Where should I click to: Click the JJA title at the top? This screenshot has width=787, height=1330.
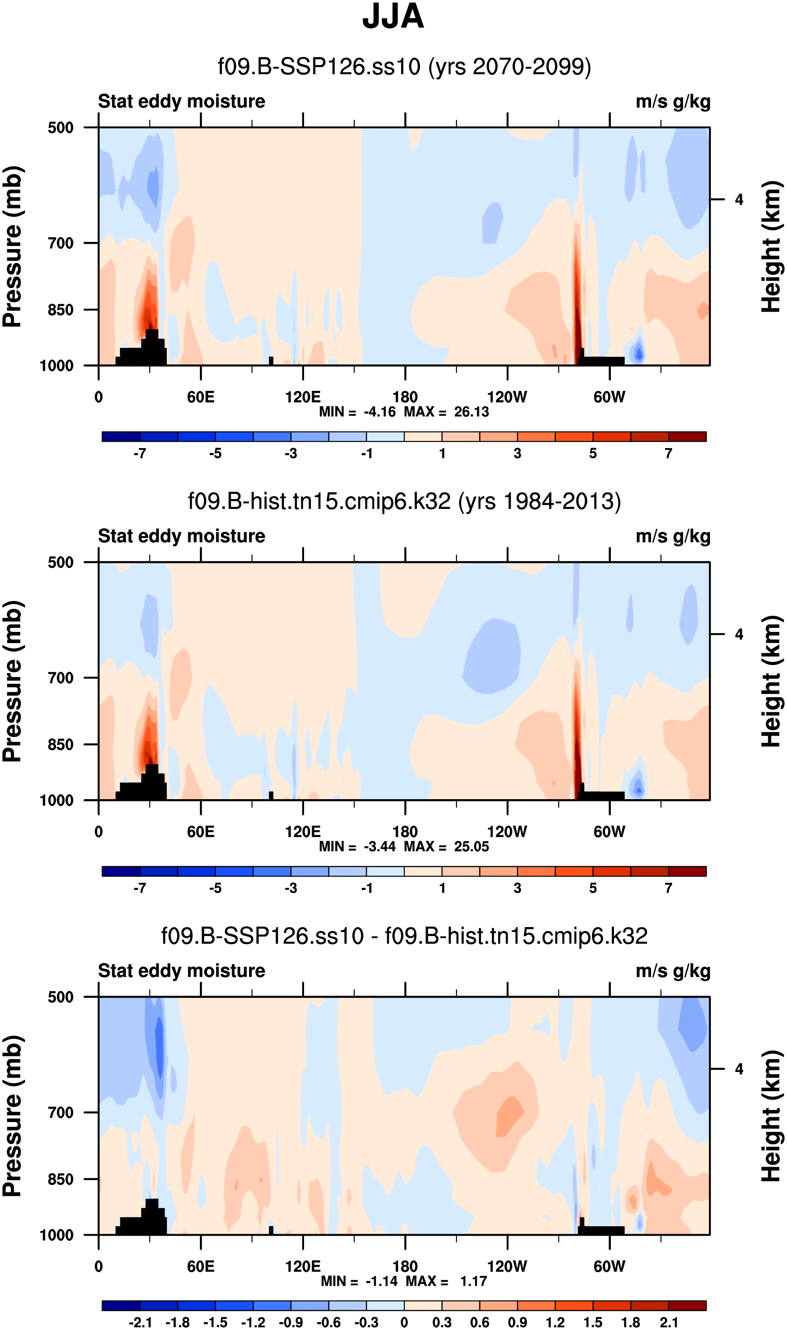[393, 17]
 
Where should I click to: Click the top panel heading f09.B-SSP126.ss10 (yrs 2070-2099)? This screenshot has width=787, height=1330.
[404, 67]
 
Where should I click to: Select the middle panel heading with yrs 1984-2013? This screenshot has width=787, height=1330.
[404, 501]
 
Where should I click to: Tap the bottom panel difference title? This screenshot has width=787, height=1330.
[404, 936]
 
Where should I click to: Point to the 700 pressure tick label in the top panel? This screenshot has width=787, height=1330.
[60, 243]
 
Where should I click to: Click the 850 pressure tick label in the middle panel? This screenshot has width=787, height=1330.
[60, 745]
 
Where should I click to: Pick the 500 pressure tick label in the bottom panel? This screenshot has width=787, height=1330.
[60, 997]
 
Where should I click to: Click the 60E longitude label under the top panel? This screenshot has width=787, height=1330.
[200, 397]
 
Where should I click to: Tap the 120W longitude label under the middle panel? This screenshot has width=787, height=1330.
[507, 831]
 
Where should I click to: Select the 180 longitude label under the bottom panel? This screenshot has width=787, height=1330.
[405, 1266]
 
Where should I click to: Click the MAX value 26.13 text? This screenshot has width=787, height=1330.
[471, 412]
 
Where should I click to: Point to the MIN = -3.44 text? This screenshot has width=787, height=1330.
[357, 847]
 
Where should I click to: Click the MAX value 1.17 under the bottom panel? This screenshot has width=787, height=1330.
[474, 1281]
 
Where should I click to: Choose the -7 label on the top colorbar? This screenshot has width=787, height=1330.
[140, 453]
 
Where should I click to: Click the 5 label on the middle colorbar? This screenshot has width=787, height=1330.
[593, 888]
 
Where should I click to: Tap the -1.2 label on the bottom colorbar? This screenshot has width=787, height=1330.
[253, 1322]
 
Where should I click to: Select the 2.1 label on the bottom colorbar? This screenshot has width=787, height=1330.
[669, 1322]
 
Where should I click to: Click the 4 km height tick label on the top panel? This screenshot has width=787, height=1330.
[739, 200]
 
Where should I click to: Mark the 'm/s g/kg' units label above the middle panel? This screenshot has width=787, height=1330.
[673, 536]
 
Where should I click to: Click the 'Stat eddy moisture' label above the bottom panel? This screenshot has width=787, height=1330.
[182, 971]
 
